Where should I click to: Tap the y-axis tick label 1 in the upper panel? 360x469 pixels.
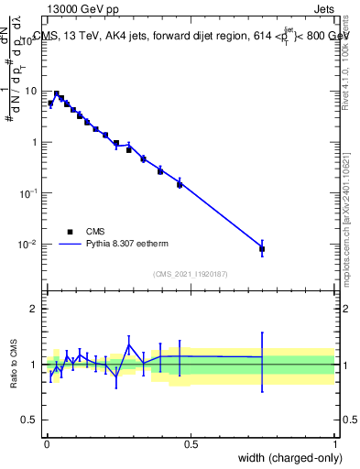[34, 142]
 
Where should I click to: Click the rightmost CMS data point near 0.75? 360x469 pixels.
[262, 249]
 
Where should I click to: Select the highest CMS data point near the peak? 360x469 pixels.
[57, 93]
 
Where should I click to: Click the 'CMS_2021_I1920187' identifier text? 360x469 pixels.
[190, 273]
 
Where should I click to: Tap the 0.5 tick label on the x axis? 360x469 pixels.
[191, 442]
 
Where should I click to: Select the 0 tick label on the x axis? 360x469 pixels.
[46, 442]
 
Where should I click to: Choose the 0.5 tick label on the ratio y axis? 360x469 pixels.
[30, 420]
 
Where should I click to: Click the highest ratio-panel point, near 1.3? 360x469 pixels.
[129, 345]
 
